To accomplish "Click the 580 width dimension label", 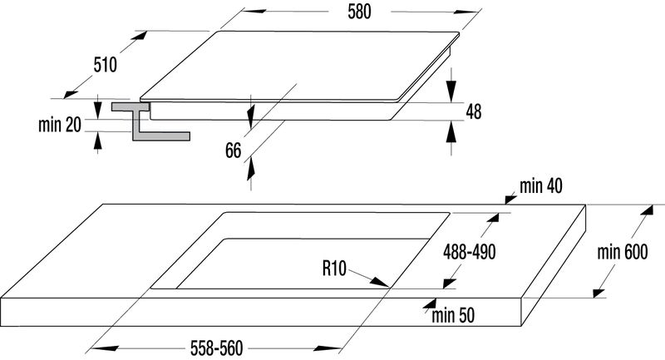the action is click(x=359, y=12).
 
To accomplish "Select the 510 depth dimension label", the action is click(x=105, y=65).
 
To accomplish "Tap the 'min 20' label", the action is click(x=59, y=125).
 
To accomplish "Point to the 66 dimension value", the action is click(x=233, y=150).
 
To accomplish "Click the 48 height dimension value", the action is click(x=474, y=111).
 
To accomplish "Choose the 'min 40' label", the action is click(x=541, y=185).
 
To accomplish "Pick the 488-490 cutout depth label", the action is click(x=469, y=252).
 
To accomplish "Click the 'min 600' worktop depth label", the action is click(x=622, y=252).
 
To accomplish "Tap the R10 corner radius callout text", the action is click(x=334, y=269).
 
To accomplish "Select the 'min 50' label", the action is click(x=453, y=315).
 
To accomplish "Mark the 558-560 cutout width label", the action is click(x=216, y=348).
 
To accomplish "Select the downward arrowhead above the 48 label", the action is click(x=451, y=91).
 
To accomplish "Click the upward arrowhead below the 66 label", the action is click(x=251, y=168).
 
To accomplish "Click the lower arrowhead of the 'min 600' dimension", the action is click(x=598, y=293).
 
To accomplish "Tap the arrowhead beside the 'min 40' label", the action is click(x=510, y=199).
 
